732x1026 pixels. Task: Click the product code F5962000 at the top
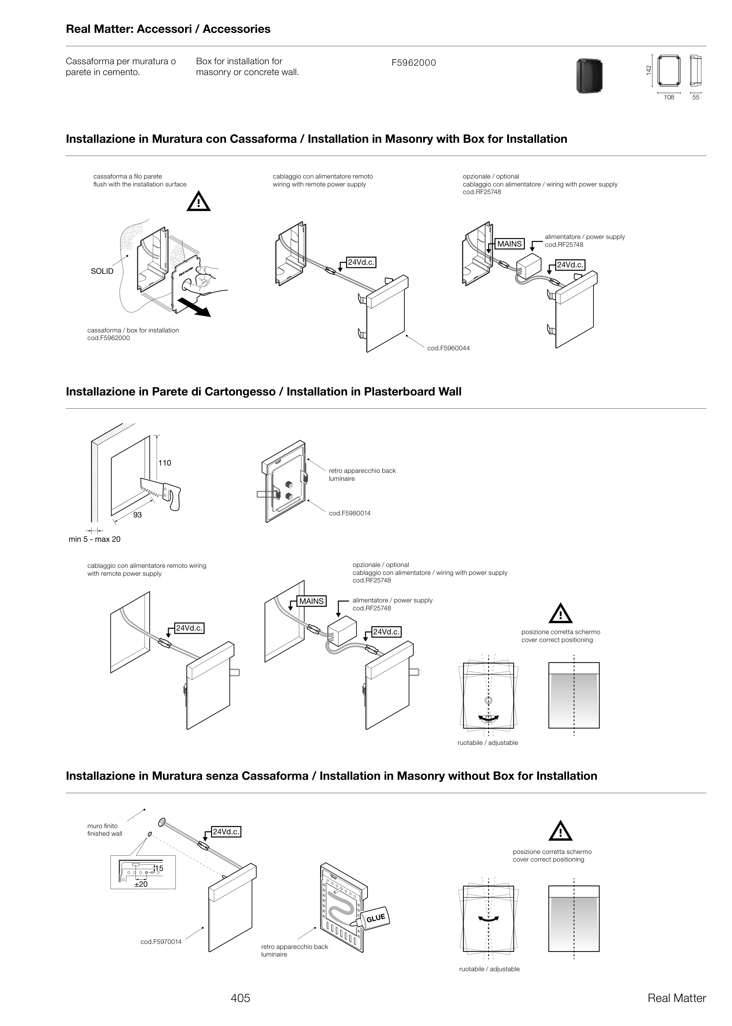tap(413, 63)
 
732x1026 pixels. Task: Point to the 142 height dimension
tap(648, 70)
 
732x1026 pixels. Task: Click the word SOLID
tap(102, 271)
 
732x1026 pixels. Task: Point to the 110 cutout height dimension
tap(165, 463)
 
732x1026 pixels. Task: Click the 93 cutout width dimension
tap(138, 515)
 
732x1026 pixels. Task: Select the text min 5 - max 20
tap(94, 539)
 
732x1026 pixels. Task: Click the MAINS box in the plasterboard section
tap(312, 602)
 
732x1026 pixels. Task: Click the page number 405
tap(240, 998)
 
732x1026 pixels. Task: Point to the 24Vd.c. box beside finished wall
tap(226, 832)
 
